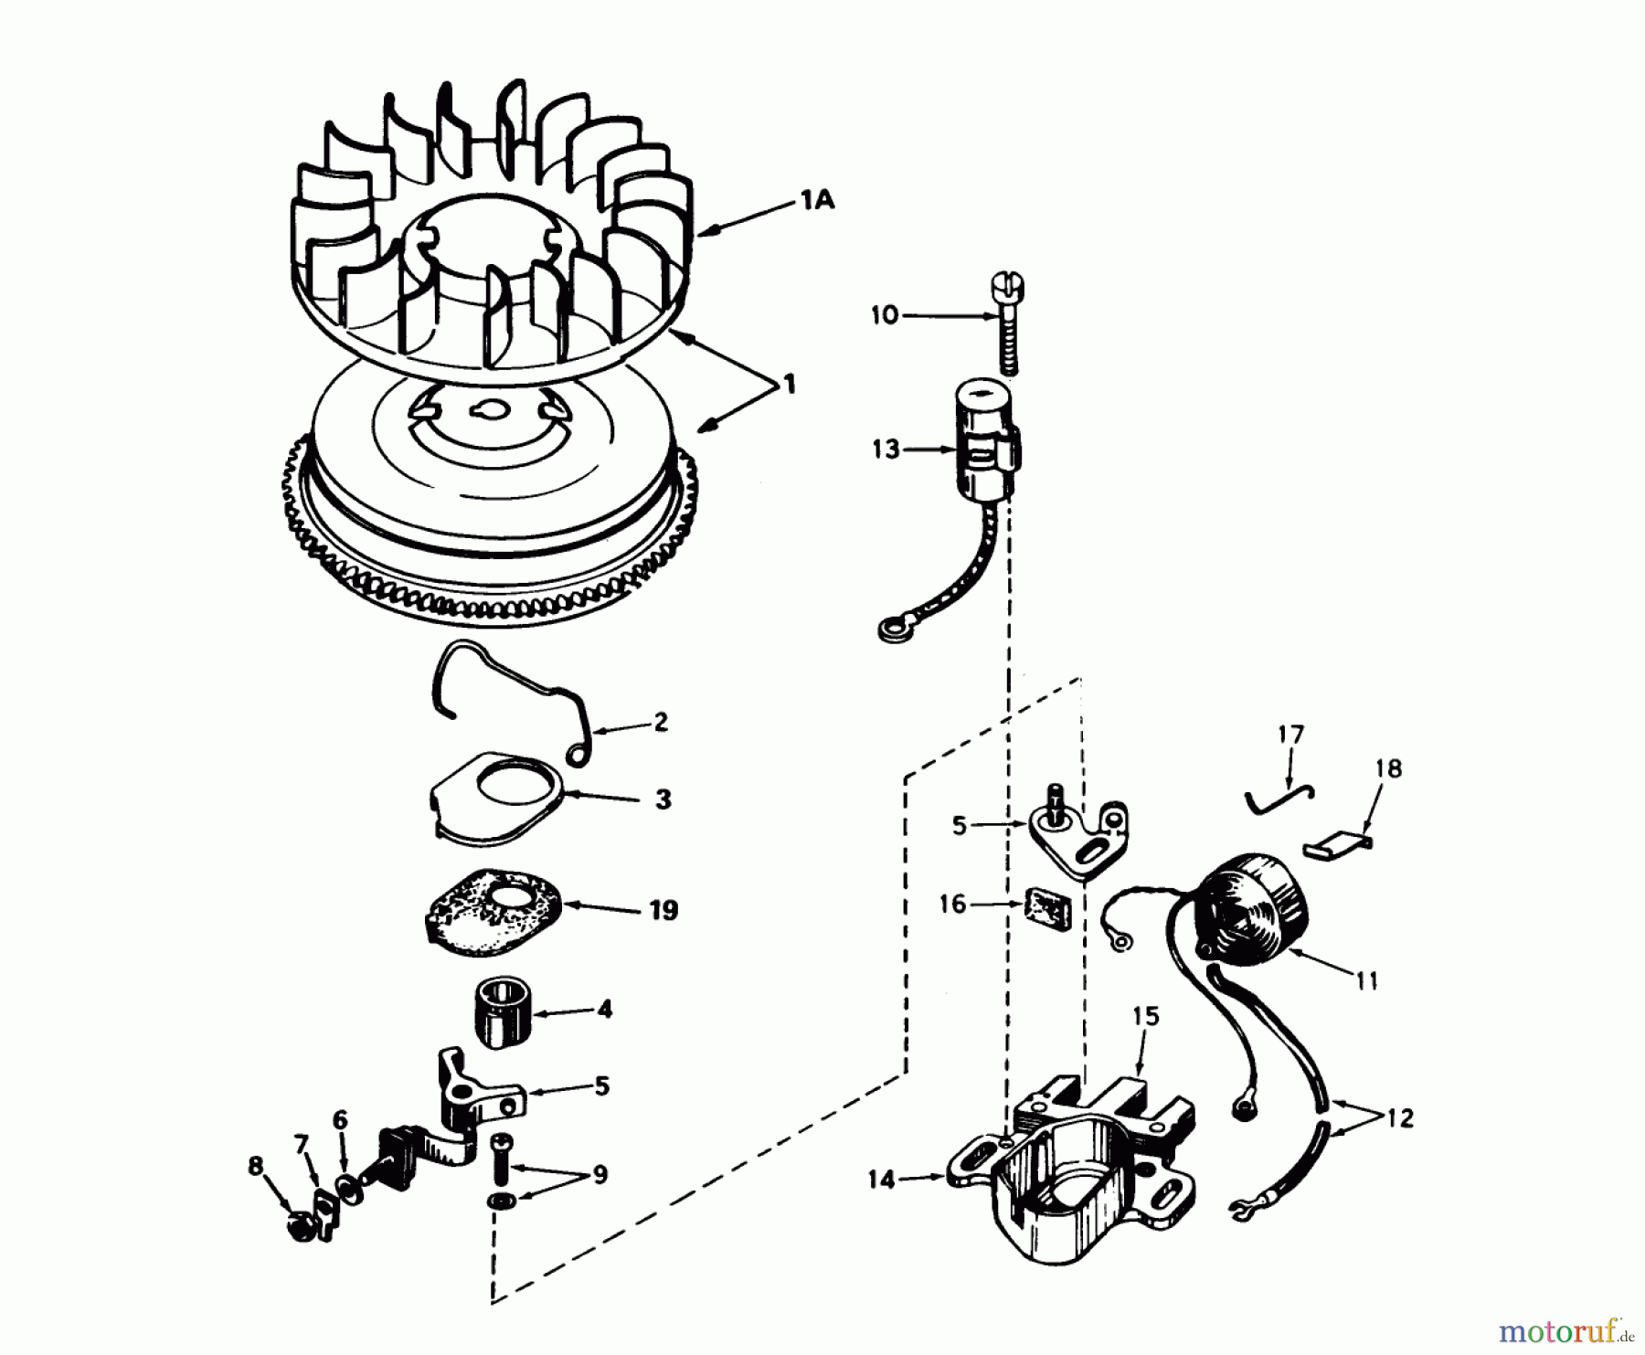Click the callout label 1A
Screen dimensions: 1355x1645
tap(818, 200)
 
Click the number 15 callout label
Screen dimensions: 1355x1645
tap(1146, 1016)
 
